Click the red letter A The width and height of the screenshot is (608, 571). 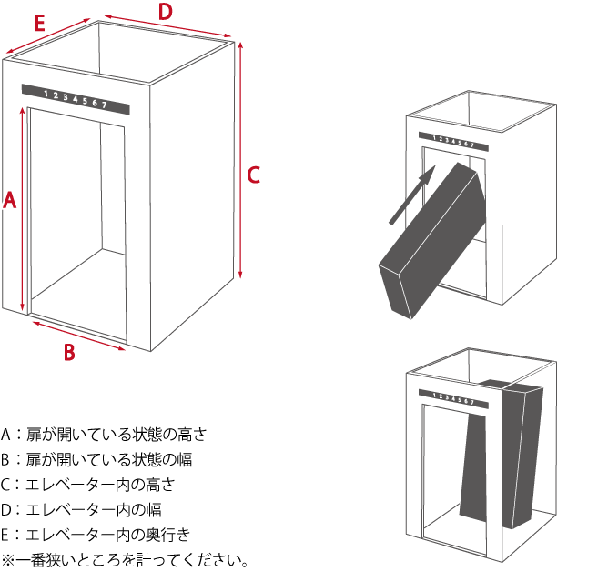click(x=10, y=200)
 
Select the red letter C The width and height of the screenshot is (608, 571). click(x=254, y=175)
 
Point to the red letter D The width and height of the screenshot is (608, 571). click(x=165, y=12)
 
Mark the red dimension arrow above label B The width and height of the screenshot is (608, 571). click(x=78, y=333)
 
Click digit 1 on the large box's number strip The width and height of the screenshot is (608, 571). click(x=46, y=94)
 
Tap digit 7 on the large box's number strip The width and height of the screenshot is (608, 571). click(x=105, y=105)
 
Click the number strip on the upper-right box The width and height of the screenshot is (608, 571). click(x=452, y=142)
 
